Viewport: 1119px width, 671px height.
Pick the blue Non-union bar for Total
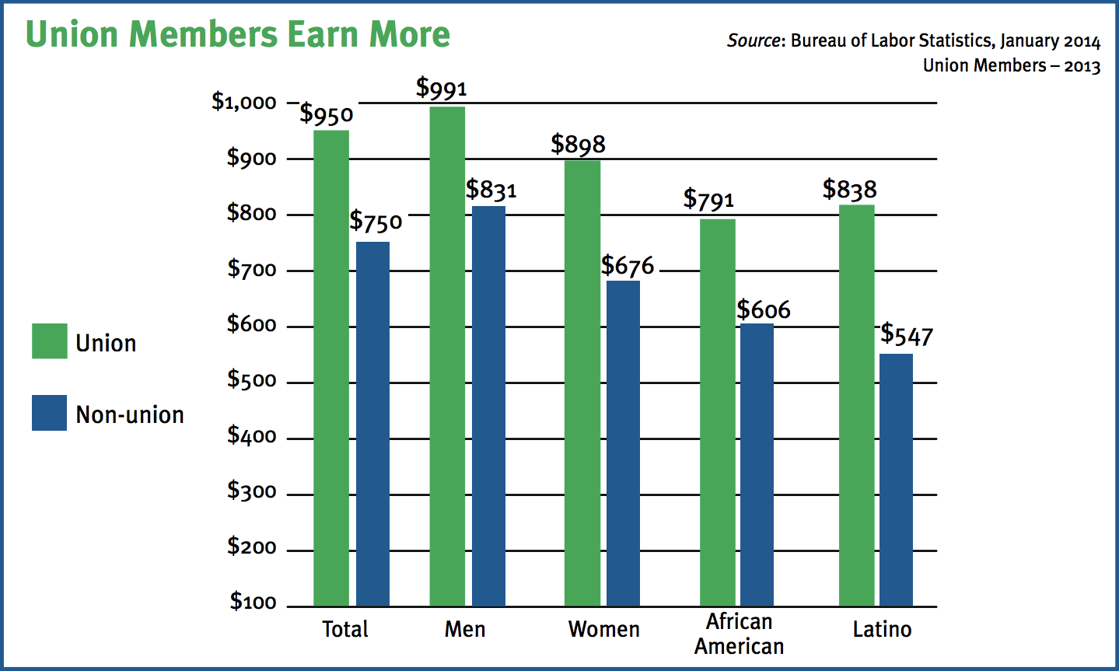click(372, 424)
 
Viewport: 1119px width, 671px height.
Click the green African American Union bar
click(717, 412)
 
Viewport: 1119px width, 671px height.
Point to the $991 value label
click(441, 88)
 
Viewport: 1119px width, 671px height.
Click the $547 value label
click(906, 336)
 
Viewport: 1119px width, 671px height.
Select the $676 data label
click(628, 266)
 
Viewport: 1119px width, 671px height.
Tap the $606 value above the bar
click(764, 309)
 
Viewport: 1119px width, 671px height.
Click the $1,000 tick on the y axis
click(243, 102)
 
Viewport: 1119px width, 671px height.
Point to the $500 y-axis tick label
click(251, 380)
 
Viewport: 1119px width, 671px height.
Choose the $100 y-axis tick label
click(253, 602)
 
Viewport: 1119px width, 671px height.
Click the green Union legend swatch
click(49, 341)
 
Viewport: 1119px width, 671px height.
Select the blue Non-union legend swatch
click(49, 413)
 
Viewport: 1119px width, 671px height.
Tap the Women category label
click(603, 629)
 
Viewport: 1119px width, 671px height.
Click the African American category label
click(739, 634)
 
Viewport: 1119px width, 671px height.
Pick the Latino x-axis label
click(882, 629)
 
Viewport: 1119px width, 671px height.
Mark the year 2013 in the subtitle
click(1082, 66)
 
